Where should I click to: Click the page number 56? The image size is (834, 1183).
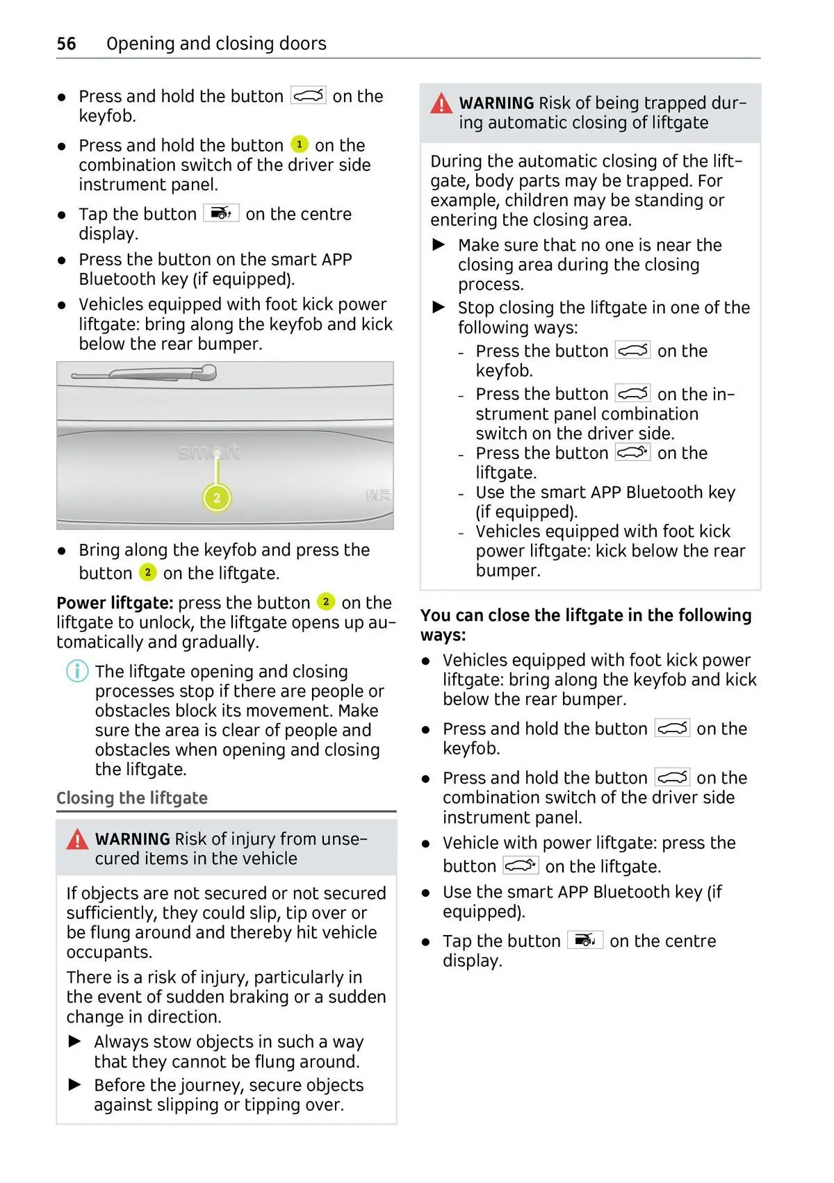pyautogui.click(x=66, y=44)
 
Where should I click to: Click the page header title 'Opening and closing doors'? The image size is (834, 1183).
pyautogui.click(x=216, y=44)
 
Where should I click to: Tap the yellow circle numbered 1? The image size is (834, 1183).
pyautogui.click(x=299, y=144)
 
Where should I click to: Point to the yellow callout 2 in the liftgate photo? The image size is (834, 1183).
pyautogui.click(x=217, y=497)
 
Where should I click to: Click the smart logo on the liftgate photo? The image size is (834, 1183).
pyautogui.click(x=208, y=452)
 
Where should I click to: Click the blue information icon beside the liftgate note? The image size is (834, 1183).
pyautogui.click(x=77, y=671)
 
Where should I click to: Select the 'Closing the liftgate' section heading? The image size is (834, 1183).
pyautogui.click(x=132, y=798)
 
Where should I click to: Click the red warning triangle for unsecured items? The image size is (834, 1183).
pyautogui.click(x=77, y=840)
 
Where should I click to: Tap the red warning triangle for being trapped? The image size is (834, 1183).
pyautogui.click(x=441, y=104)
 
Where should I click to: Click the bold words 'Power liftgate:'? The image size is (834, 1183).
pyautogui.click(x=115, y=603)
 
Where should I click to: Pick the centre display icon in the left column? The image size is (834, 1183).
pyautogui.click(x=221, y=213)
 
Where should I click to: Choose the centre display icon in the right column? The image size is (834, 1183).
pyautogui.click(x=585, y=940)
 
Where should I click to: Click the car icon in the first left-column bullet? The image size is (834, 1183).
pyautogui.click(x=308, y=96)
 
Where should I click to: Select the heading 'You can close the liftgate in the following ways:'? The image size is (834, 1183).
pyautogui.click(x=585, y=624)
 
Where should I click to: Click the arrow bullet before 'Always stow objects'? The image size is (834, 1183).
pyautogui.click(x=75, y=1041)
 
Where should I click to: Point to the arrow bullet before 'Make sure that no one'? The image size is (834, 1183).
pyautogui.click(x=439, y=245)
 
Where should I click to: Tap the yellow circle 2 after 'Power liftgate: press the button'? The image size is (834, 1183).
pyautogui.click(x=325, y=602)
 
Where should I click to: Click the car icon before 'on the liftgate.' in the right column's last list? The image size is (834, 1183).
pyautogui.click(x=521, y=866)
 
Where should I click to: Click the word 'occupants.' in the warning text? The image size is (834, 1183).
pyautogui.click(x=109, y=952)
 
